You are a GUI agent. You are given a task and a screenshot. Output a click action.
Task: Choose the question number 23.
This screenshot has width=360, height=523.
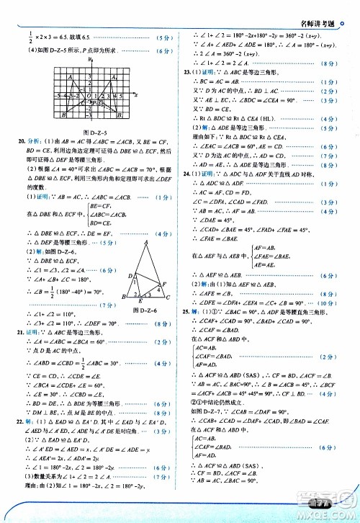187,73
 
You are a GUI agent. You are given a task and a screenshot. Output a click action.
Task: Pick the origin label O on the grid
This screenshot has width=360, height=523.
85,94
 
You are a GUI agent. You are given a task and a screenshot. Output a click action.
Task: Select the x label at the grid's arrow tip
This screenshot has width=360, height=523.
135,94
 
